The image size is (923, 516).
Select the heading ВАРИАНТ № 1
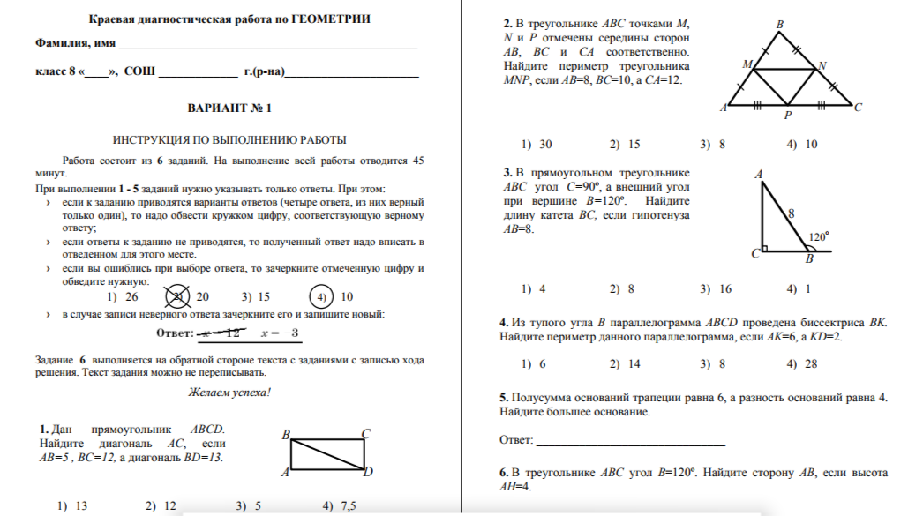(229, 108)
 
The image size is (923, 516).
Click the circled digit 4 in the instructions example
(323, 297)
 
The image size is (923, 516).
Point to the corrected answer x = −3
(281, 333)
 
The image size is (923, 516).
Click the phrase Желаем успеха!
(229, 393)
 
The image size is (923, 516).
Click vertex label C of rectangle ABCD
(365, 433)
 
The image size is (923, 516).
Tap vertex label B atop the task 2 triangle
(779, 26)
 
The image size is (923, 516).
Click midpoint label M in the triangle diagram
(747, 65)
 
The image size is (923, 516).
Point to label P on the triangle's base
(788, 116)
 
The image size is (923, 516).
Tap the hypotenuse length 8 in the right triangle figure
(792, 213)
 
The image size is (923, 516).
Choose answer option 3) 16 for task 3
(716, 288)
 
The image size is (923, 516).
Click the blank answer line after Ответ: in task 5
(630, 440)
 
